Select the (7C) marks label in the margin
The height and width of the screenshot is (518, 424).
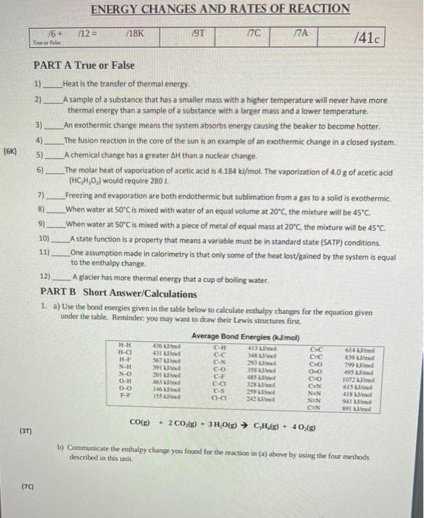[x=27, y=486]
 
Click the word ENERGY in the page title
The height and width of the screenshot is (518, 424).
[x=117, y=9]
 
